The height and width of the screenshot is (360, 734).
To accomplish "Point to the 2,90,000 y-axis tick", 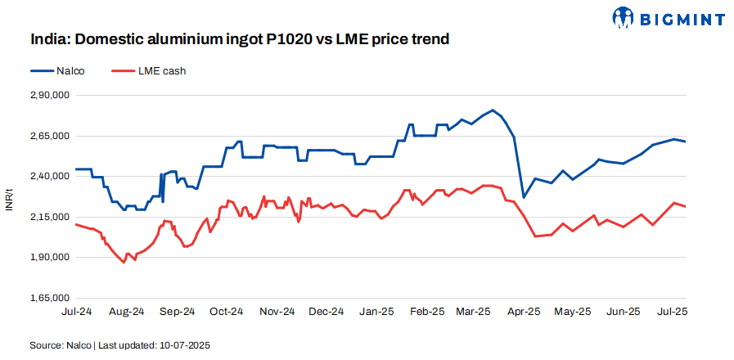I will (49, 96).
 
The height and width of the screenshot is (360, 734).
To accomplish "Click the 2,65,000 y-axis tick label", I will (49, 136).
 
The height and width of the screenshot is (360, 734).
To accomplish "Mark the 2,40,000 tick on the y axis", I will (49, 177).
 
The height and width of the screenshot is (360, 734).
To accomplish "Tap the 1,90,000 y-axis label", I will (49, 258).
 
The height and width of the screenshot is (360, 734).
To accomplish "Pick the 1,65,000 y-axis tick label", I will (49, 298).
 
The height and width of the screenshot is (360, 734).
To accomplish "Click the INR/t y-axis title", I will (9, 197).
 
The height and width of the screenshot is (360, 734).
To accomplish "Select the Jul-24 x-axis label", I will (75, 312).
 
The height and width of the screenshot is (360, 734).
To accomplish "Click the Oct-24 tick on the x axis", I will (227, 312).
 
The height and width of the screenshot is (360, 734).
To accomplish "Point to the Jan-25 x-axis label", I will (376, 312).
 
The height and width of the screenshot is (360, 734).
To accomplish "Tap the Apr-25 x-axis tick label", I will (524, 312).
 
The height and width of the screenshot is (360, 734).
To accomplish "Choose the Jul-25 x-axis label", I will (672, 312).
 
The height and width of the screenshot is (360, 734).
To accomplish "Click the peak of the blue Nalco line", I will (492, 110).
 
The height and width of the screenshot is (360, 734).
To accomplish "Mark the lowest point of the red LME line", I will (124, 263).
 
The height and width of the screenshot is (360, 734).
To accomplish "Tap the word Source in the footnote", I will (46, 345).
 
